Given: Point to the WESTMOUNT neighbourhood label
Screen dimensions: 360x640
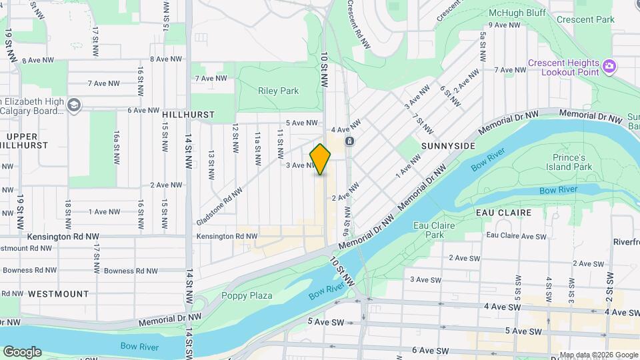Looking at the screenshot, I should click(58, 293).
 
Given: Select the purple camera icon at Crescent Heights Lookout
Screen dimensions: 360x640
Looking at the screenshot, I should click(608, 65).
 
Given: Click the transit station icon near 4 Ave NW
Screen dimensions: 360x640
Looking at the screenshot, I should click(349, 141).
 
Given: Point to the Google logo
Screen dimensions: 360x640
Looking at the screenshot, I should click(22, 351).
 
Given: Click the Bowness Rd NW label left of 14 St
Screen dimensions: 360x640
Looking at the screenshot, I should click(131, 271).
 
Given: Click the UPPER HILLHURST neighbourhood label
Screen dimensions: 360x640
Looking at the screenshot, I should click(27, 140).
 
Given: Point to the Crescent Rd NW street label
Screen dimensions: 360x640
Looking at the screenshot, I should click(357, 24).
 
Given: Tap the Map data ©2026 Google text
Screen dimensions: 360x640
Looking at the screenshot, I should click(598, 355).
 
